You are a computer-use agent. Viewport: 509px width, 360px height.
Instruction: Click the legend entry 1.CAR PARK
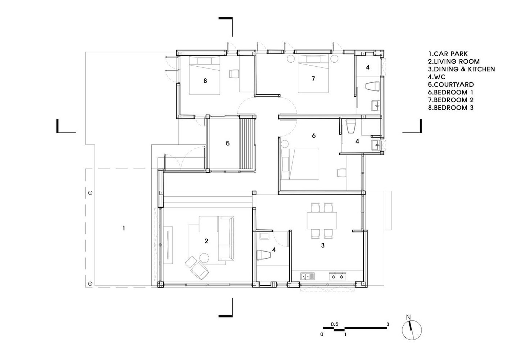point(448,54)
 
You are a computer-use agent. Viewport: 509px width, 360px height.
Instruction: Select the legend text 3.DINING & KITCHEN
point(461,69)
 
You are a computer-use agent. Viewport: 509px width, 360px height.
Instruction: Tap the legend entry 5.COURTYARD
point(451,85)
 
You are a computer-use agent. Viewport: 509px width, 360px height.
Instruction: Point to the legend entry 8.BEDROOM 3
point(451,108)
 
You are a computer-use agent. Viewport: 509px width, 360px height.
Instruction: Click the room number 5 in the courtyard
point(228,144)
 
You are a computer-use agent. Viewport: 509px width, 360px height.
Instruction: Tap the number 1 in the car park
point(124,228)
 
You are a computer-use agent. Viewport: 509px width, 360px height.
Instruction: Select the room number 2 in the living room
point(206,241)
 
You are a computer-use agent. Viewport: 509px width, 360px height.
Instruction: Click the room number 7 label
point(313,78)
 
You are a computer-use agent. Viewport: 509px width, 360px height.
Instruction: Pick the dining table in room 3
point(322,220)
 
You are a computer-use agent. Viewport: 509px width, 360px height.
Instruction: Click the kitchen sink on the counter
point(308,276)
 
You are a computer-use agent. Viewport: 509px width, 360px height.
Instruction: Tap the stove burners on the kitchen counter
point(337,277)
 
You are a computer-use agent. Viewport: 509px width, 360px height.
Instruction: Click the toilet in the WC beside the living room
point(264,255)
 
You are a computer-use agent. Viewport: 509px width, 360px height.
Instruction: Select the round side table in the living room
point(204,258)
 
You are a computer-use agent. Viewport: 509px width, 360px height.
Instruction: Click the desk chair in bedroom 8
point(234,74)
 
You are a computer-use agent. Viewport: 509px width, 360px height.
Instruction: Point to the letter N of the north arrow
point(408,317)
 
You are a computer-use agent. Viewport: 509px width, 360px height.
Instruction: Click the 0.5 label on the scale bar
point(334,324)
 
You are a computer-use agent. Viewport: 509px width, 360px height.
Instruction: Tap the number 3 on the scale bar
point(388,324)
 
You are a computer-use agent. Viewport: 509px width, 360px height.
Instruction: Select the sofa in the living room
point(226,238)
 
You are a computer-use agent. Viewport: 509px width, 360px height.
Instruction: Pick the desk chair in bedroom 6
point(341,172)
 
